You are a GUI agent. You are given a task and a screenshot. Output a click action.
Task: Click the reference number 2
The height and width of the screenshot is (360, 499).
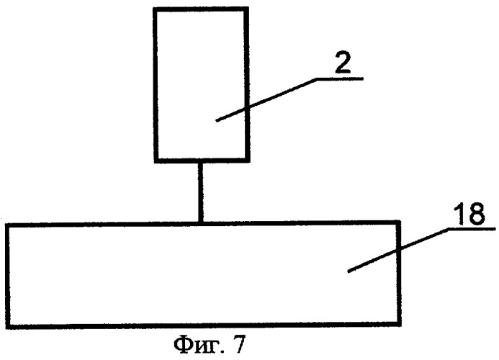[343, 63]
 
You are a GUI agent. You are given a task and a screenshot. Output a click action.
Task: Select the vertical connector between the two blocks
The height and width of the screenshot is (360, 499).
[200, 192]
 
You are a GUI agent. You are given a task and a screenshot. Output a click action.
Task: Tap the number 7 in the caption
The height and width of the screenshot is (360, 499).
[240, 344]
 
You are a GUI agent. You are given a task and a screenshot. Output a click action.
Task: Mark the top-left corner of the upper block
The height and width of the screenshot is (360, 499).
[155, 9]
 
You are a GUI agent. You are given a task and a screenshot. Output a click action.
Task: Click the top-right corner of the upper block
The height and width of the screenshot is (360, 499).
[247, 9]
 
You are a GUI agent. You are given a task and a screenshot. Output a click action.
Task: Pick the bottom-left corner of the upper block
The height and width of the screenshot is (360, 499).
[156, 161]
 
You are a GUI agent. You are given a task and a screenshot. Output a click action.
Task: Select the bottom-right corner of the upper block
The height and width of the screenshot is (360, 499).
[248, 161]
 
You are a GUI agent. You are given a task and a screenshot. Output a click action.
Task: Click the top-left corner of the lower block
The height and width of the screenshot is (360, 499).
[7, 225]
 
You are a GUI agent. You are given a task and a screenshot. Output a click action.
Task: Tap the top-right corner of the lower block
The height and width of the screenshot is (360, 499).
[398, 222]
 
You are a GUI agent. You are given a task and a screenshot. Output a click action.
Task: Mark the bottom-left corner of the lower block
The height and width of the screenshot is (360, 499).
[8, 327]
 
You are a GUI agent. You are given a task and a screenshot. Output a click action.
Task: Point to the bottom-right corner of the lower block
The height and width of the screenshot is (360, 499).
[399, 324]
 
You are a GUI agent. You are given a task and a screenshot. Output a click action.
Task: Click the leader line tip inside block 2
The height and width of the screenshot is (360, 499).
[217, 121]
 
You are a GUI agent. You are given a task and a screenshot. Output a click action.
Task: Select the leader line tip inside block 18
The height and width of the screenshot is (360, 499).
[348, 272]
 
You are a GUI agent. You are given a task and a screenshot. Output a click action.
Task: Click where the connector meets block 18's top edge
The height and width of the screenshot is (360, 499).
[200, 222]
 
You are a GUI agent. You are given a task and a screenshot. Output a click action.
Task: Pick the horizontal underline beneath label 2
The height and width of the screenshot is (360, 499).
[340, 78]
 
